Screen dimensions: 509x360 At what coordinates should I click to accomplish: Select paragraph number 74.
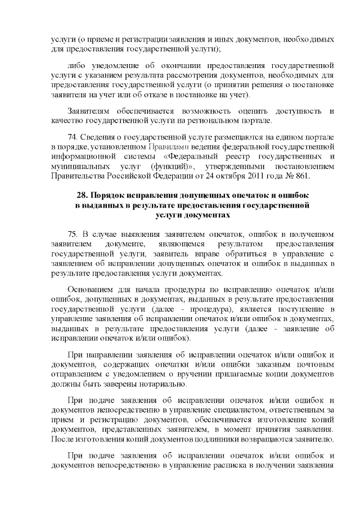point(73,138)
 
